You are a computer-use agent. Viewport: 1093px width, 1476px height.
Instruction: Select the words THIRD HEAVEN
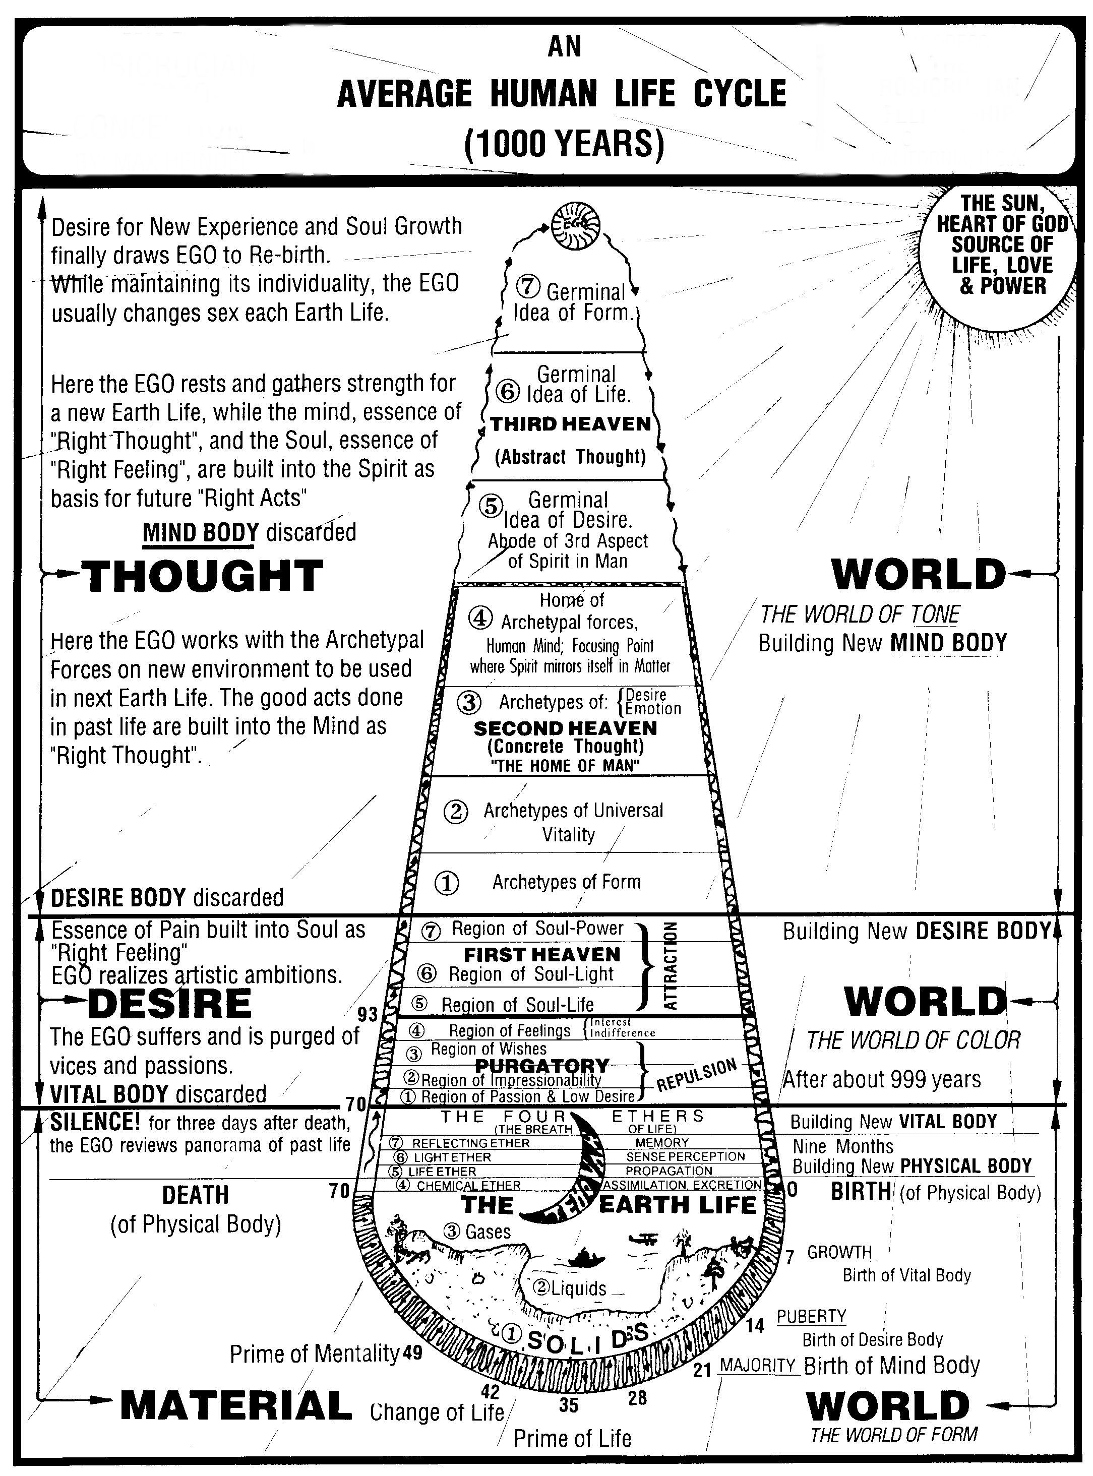coord(570,424)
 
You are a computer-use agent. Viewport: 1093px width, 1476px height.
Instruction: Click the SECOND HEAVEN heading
coord(565,728)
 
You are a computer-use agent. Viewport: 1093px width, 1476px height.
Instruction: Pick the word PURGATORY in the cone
coord(542,1066)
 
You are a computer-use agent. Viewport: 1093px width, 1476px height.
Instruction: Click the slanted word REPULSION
coord(696,1074)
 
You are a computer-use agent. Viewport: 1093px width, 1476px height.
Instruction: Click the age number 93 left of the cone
coord(367,1014)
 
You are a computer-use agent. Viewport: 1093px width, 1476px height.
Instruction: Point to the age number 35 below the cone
coord(568,1405)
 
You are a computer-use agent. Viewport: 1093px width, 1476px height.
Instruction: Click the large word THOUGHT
coord(203,576)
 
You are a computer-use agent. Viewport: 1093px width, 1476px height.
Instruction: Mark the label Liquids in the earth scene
coord(570,1288)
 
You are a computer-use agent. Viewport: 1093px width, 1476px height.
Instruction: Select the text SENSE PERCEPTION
coord(686,1156)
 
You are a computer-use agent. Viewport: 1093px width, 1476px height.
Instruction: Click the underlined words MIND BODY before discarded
coord(201,532)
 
